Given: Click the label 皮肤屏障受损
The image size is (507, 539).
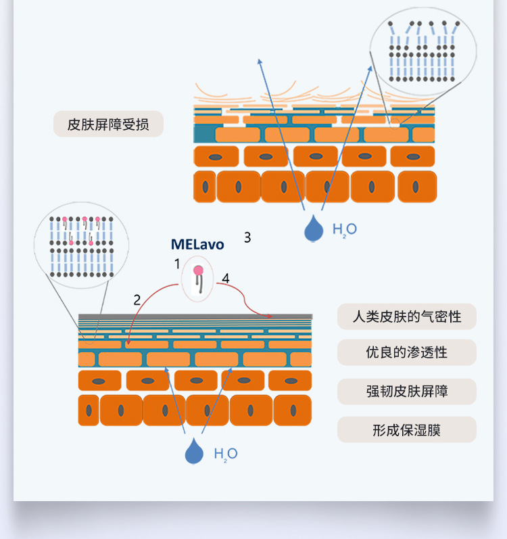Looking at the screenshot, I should coord(108,124).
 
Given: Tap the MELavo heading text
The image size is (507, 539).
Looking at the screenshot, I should coord(197,244).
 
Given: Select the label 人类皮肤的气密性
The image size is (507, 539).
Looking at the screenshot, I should coord(406,317).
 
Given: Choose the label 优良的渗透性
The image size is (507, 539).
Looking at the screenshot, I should coord(406,352).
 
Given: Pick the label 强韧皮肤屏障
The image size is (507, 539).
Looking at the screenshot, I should coord(406,392).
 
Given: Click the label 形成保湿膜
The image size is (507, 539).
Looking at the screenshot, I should coord(406,430).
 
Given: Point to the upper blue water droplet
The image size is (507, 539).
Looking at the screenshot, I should coord(313,229).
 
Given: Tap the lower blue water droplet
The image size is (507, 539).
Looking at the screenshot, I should coord(194,451).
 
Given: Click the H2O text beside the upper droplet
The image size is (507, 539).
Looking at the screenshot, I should coord(344,229).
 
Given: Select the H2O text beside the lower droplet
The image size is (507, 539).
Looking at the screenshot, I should coord(226,453).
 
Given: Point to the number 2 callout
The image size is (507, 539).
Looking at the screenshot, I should coord(137,300).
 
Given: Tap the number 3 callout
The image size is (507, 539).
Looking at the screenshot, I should coord(247,237).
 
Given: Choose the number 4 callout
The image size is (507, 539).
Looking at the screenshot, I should coord(226,279).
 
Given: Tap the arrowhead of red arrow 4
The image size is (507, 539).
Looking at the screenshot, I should coord(270,316).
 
